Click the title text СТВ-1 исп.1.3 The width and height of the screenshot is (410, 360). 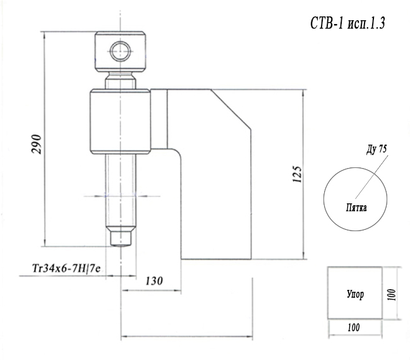tap(347, 23)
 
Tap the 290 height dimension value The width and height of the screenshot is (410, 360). tap(37, 144)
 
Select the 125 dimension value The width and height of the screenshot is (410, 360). tap(297, 174)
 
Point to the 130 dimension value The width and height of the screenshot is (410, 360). tap(154, 281)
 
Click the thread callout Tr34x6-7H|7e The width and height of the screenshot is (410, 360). tap(66, 268)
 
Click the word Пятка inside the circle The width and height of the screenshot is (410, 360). tap(356, 208)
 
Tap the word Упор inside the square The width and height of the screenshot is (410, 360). tap(355, 294)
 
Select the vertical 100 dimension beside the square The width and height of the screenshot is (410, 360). tap(392, 295)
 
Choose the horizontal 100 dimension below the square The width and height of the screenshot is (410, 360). tap(354, 327)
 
